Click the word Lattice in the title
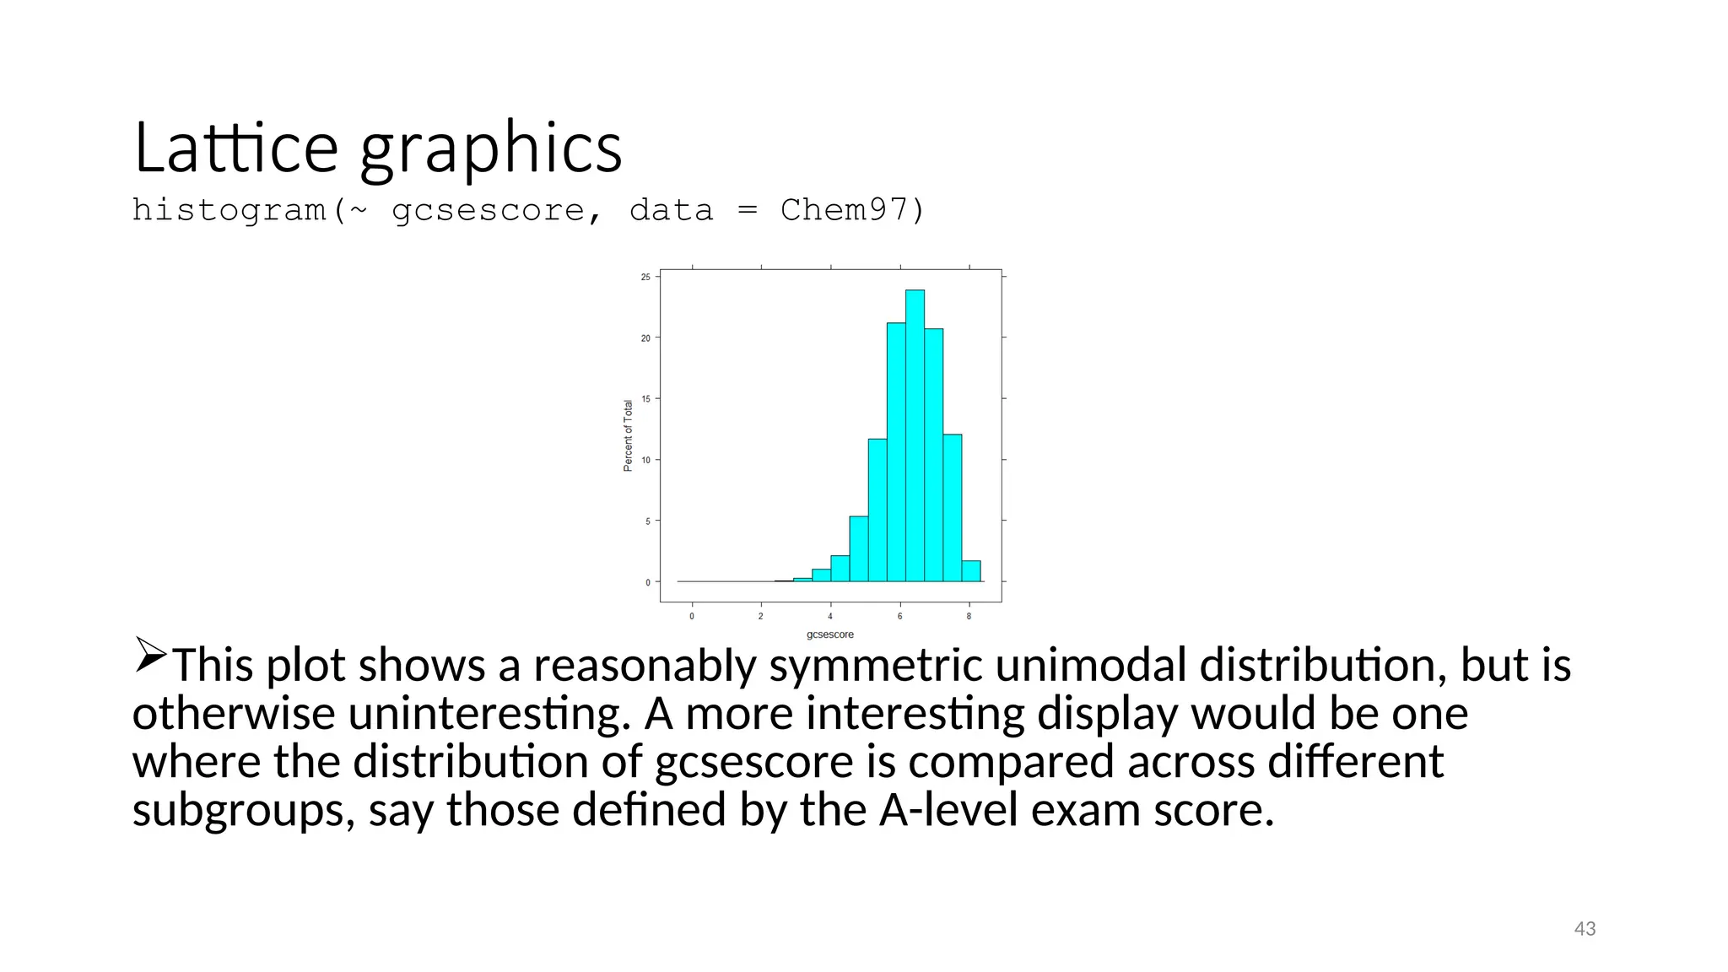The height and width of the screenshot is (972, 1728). (235, 148)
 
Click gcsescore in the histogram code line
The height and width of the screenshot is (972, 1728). (488, 211)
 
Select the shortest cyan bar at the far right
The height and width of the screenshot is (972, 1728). (971, 571)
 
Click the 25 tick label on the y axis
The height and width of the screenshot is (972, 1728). (645, 277)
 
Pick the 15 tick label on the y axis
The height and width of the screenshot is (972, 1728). (645, 399)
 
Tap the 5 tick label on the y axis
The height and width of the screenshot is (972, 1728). (647, 521)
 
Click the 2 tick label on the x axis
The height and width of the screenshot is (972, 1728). (760, 617)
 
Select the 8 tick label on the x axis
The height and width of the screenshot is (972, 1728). (969, 617)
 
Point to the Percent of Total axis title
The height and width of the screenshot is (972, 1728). (628, 435)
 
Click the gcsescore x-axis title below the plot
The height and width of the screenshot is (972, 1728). (829, 634)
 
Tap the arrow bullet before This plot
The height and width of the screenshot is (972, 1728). (150, 655)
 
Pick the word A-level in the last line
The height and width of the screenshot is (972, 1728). (948, 810)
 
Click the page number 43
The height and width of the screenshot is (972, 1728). (1585, 929)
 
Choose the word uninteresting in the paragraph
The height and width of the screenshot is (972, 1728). (489, 714)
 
